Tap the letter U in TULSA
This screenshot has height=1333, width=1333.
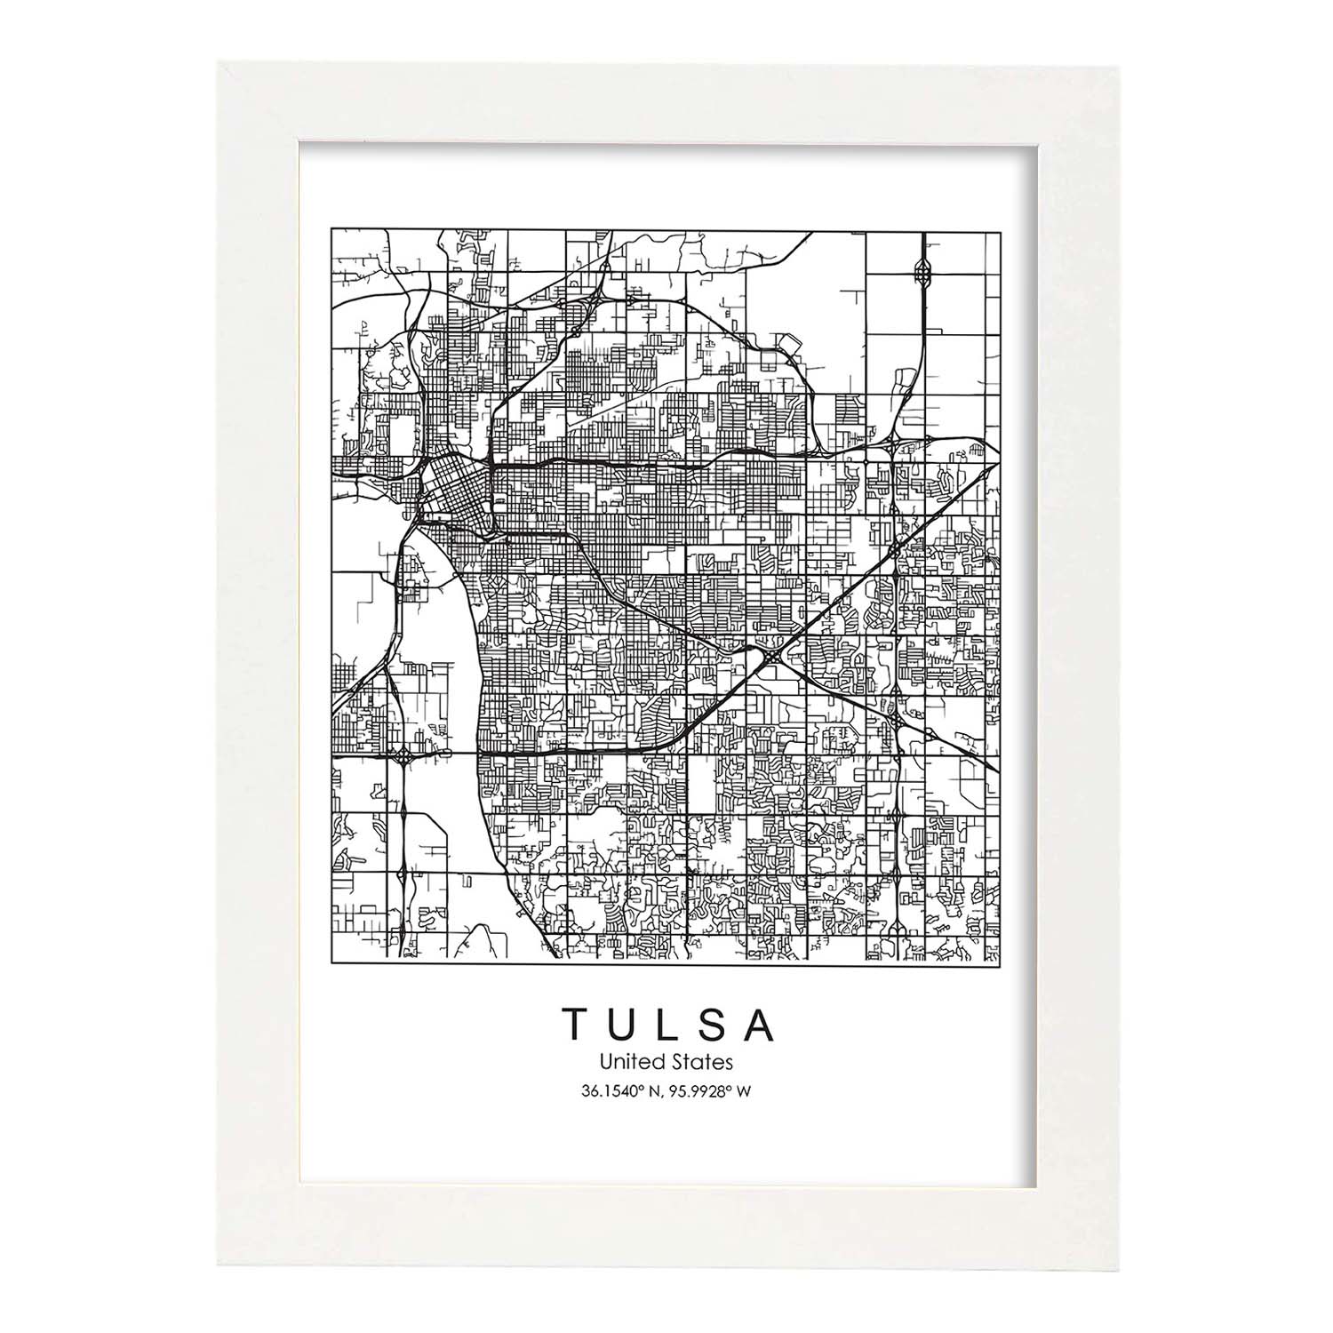[622, 1025]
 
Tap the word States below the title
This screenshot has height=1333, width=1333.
[705, 1061]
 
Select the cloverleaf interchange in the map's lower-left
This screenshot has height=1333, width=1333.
[405, 758]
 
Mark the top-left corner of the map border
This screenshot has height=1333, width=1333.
[331, 230]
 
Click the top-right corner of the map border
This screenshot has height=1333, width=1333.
[1001, 230]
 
